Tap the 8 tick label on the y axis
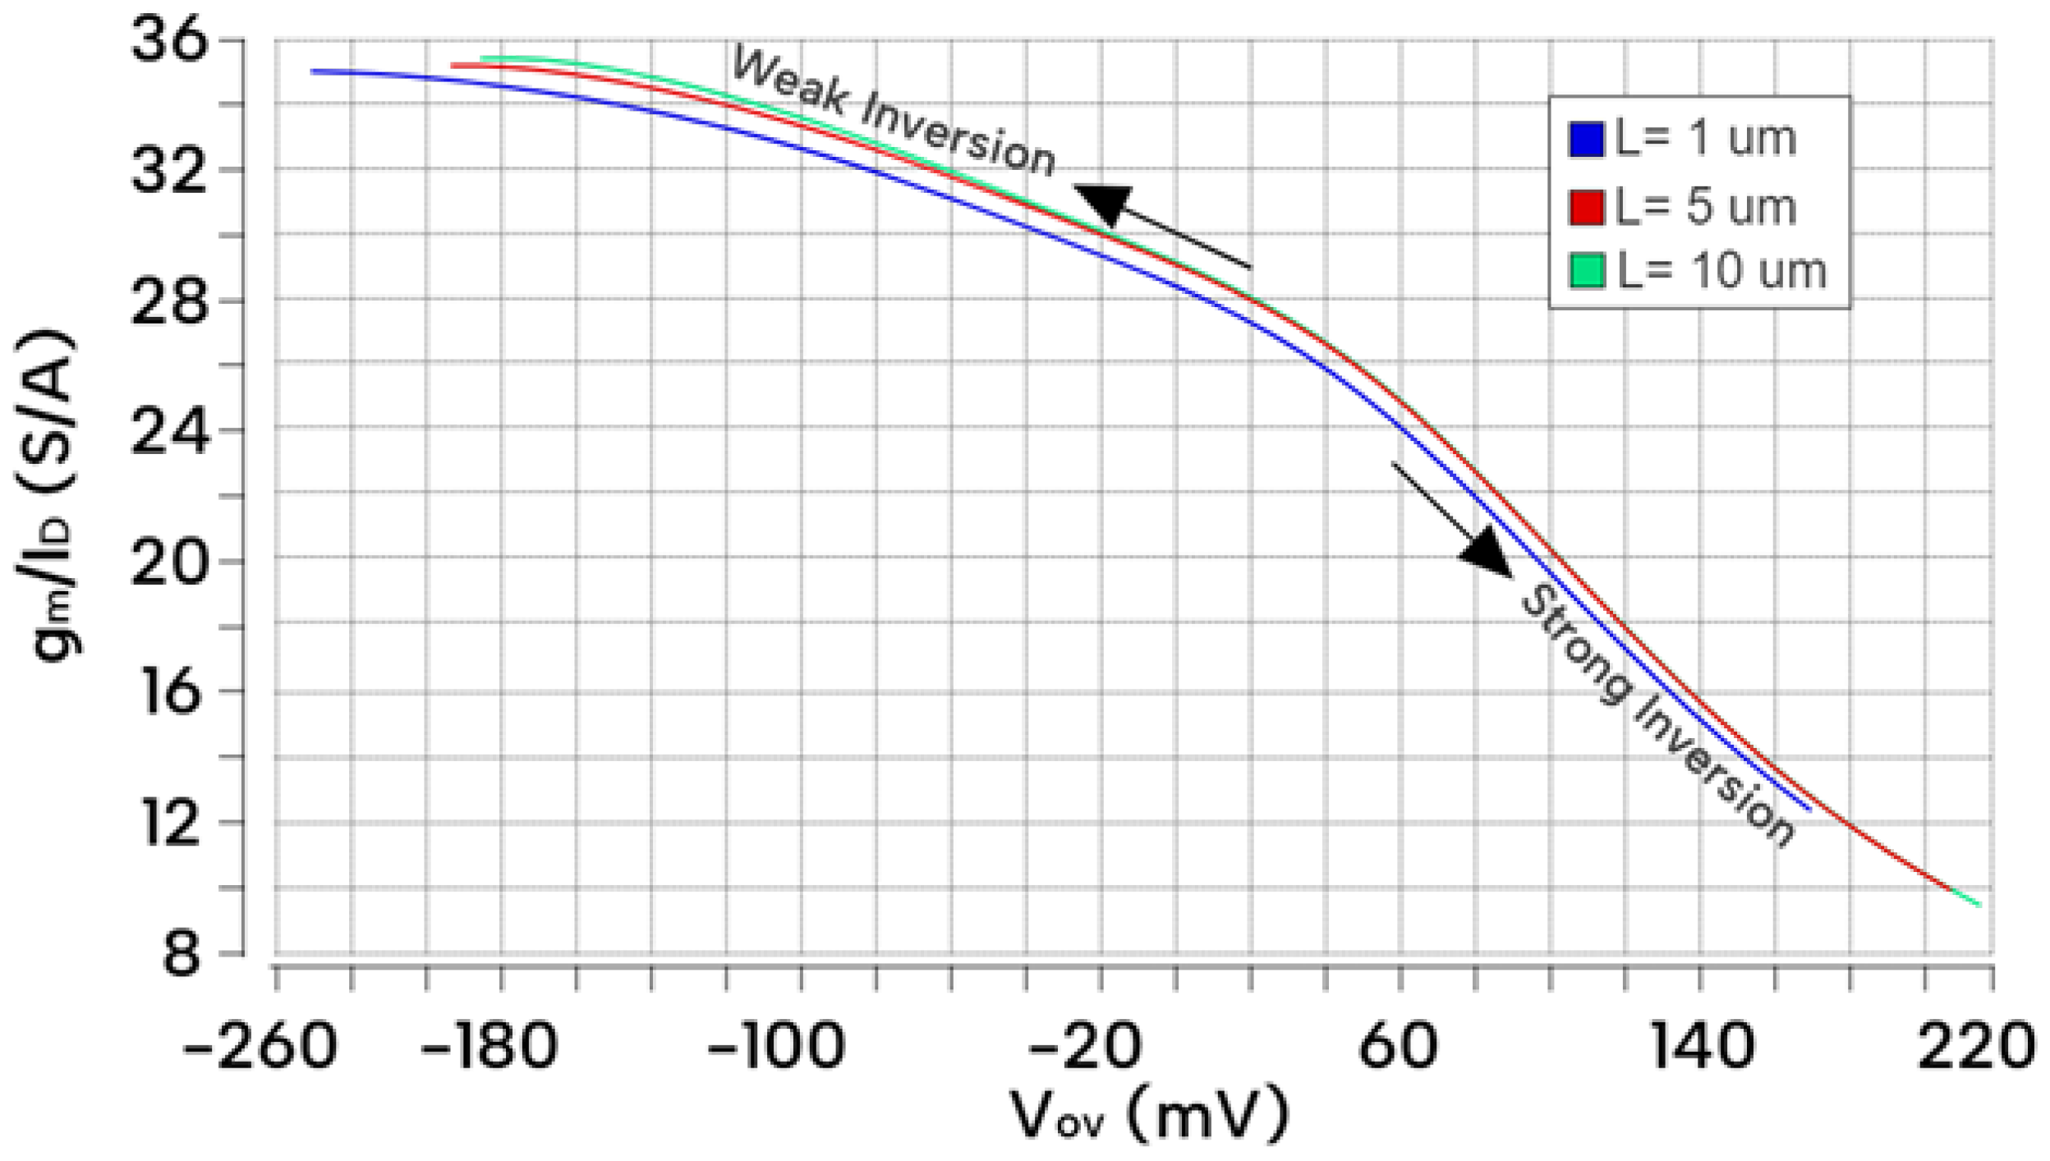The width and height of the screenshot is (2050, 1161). [181, 954]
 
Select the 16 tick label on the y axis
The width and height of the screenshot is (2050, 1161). [171, 692]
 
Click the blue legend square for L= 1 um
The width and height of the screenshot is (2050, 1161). [1586, 140]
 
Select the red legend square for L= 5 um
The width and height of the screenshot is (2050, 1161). [1586, 207]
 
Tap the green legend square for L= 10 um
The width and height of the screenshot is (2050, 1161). [1586, 271]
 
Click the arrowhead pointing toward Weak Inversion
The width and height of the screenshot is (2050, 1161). [1105, 204]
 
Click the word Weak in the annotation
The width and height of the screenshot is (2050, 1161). [788, 80]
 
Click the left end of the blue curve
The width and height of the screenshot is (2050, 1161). [314, 71]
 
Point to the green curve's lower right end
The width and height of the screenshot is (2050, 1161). [1979, 905]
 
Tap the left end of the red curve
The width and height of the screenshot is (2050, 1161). [453, 65]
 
